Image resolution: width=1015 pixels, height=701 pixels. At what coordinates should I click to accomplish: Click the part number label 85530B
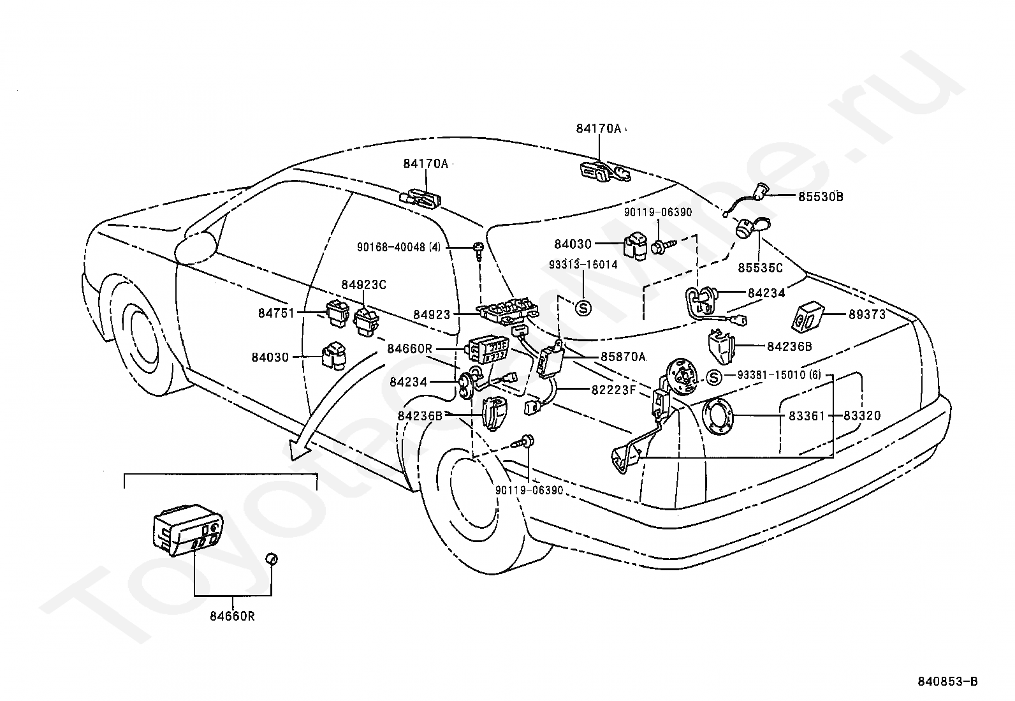[x=821, y=197]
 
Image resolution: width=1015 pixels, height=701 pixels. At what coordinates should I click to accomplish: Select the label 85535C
[x=760, y=268]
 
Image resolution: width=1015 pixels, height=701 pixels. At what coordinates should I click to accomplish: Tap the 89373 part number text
[x=867, y=314]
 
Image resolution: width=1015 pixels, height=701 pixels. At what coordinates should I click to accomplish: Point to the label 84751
[x=276, y=313]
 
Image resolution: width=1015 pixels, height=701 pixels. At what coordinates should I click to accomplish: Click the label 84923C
[x=363, y=284]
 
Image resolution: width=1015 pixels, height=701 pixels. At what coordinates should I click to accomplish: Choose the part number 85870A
[x=623, y=357]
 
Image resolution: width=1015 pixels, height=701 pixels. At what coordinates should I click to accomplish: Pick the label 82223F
[x=613, y=390]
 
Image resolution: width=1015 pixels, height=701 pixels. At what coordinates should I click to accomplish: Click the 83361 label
[x=807, y=416]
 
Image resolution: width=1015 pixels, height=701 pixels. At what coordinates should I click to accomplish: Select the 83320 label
[x=862, y=416]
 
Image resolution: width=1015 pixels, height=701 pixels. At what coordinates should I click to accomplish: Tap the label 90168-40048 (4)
[x=398, y=247]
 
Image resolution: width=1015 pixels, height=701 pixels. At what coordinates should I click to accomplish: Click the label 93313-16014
[x=583, y=264]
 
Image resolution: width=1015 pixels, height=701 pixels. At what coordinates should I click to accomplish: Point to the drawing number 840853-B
[x=947, y=681]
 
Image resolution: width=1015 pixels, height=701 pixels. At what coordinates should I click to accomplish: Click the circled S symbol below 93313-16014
[x=583, y=308]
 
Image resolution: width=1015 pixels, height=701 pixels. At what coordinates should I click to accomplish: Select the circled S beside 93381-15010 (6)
[x=713, y=377]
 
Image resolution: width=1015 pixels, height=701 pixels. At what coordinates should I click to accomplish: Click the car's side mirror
[x=196, y=249]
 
